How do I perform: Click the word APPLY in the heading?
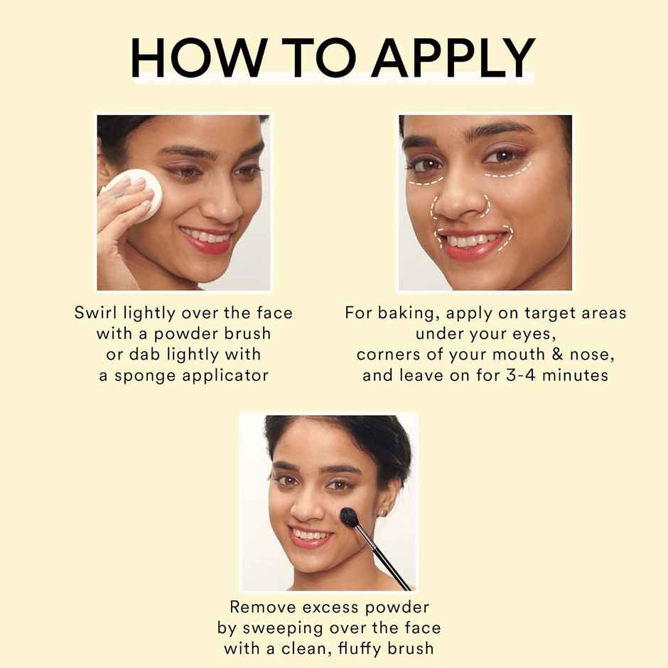[x=453, y=58]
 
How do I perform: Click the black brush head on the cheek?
[x=350, y=518]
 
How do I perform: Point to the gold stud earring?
[x=384, y=512]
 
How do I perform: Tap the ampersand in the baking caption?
[x=558, y=355]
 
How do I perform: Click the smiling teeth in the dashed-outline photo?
[x=470, y=241]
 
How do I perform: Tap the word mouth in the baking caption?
[x=519, y=355]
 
